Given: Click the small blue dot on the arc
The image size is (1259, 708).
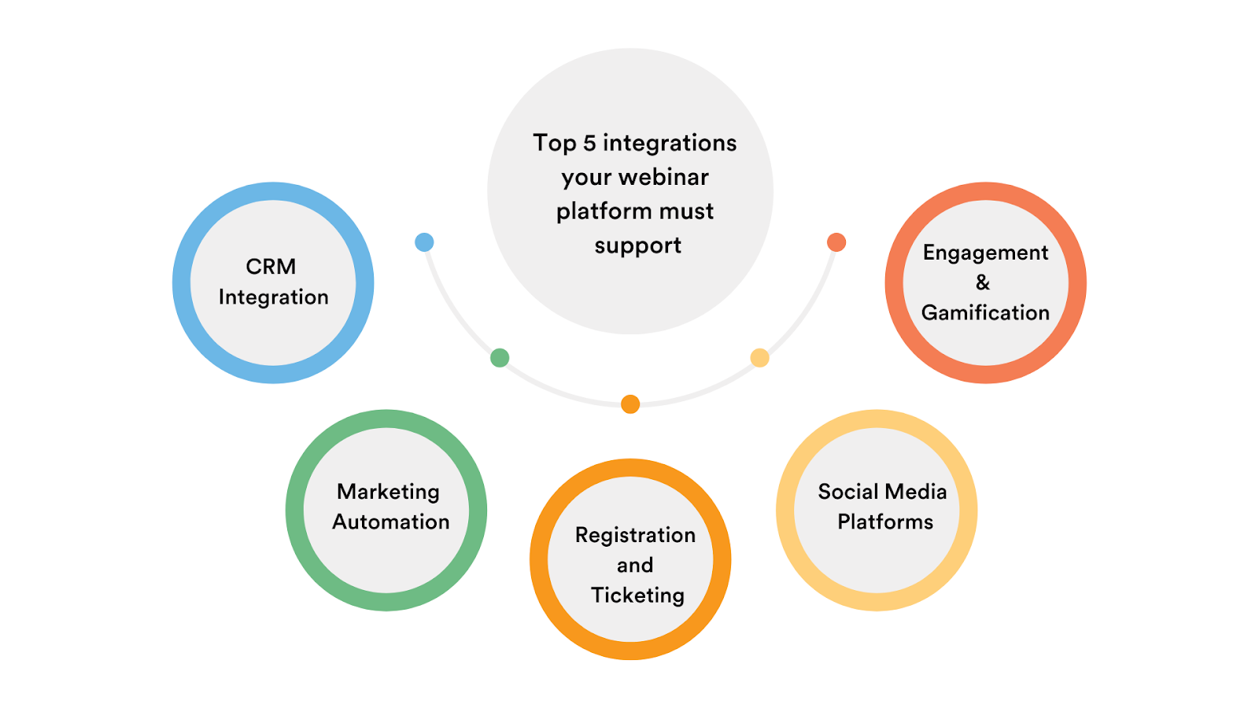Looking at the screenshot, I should pyautogui.click(x=424, y=242).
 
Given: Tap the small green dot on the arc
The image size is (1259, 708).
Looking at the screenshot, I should pyautogui.click(x=500, y=358).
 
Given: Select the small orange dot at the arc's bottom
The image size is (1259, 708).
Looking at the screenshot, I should pyautogui.click(x=630, y=404).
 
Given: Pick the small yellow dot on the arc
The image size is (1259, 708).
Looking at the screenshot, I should pyautogui.click(x=759, y=358).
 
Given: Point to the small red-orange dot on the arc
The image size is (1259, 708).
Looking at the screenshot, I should pyautogui.click(x=836, y=242).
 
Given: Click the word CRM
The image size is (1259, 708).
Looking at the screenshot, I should pyautogui.click(x=271, y=267).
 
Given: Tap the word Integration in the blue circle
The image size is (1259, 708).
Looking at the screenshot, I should pyautogui.click(x=273, y=297).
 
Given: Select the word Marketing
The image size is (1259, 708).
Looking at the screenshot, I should pyautogui.click(x=388, y=492).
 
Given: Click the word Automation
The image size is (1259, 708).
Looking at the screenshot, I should pyautogui.click(x=390, y=522).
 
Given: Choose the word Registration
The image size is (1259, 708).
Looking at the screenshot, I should pyautogui.click(x=635, y=535).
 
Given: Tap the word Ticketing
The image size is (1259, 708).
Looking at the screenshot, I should pyautogui.click(x=637, y=596).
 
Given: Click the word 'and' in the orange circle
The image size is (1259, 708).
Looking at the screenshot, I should pyautogui.click(x=634, y=566).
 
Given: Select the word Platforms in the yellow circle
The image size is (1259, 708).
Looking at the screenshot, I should pyautogui.click(x=885, y=522).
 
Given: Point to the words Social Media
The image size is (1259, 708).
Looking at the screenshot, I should pyautogui.click(x=882, y=492).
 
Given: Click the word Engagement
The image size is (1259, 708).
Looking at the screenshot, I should pyautogui.click(x=985, y=253).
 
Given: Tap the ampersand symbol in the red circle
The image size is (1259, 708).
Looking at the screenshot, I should pyautogui.click(x=983, y=282).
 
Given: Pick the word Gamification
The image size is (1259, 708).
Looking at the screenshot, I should pyautogui.click(x=985, y=313).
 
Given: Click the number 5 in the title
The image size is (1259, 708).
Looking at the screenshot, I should pyautogui.click(x=589, y=143).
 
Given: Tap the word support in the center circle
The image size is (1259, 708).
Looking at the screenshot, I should pyautogui.click(x=637, y=246).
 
